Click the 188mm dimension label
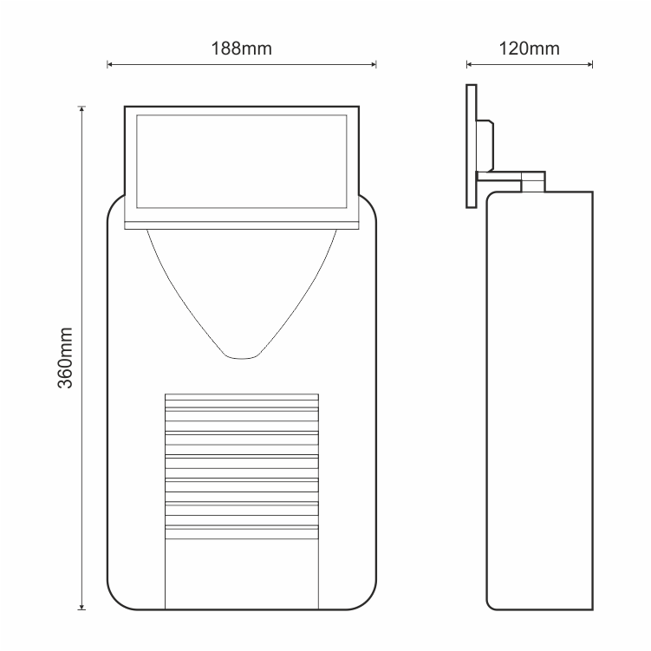(x=242, y=49)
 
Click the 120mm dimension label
(x=529, y=49)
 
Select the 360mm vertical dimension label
(x=65, y=358)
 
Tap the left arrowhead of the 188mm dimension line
(x=109, y=64)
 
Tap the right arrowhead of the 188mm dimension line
(x=374, y=64)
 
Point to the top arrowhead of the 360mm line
(x=81, y=109)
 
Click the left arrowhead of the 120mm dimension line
(x=469, y=64)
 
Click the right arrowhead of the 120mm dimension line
(x=590, y=64)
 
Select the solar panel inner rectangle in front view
(x=242, y=161)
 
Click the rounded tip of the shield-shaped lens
(x=242, y=356)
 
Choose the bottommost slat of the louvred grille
(x=242, y=532)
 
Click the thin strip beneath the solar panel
(x=242, y=225)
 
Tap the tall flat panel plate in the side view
(x=472, y=146)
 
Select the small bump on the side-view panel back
(x=485, y=146)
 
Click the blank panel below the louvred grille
(x=242, y=574)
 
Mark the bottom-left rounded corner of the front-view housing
(x=118, y=598)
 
